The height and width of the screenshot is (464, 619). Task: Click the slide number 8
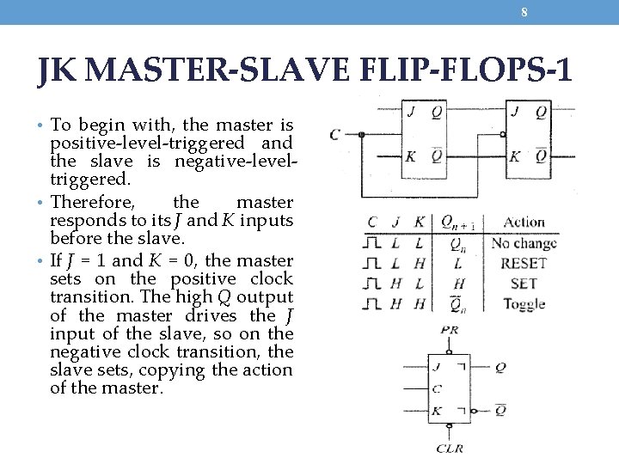pos(524,12)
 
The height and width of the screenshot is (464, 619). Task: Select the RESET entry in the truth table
pos(523,263)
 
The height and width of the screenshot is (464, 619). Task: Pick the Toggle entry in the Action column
pos(523,303)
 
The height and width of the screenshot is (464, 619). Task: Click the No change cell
pos(523,243)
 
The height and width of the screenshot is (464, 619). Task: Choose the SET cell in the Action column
pos(523,283)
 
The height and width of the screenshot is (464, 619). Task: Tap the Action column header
pos(524,222)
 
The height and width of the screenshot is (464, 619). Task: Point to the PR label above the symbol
pos(448,329)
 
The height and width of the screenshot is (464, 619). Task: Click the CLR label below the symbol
pos(450,448)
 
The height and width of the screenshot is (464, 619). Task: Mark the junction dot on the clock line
pos(362,134)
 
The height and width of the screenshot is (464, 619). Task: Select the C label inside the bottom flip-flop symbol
pos(437,388)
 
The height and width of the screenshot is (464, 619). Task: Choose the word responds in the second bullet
pos(85,221)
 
